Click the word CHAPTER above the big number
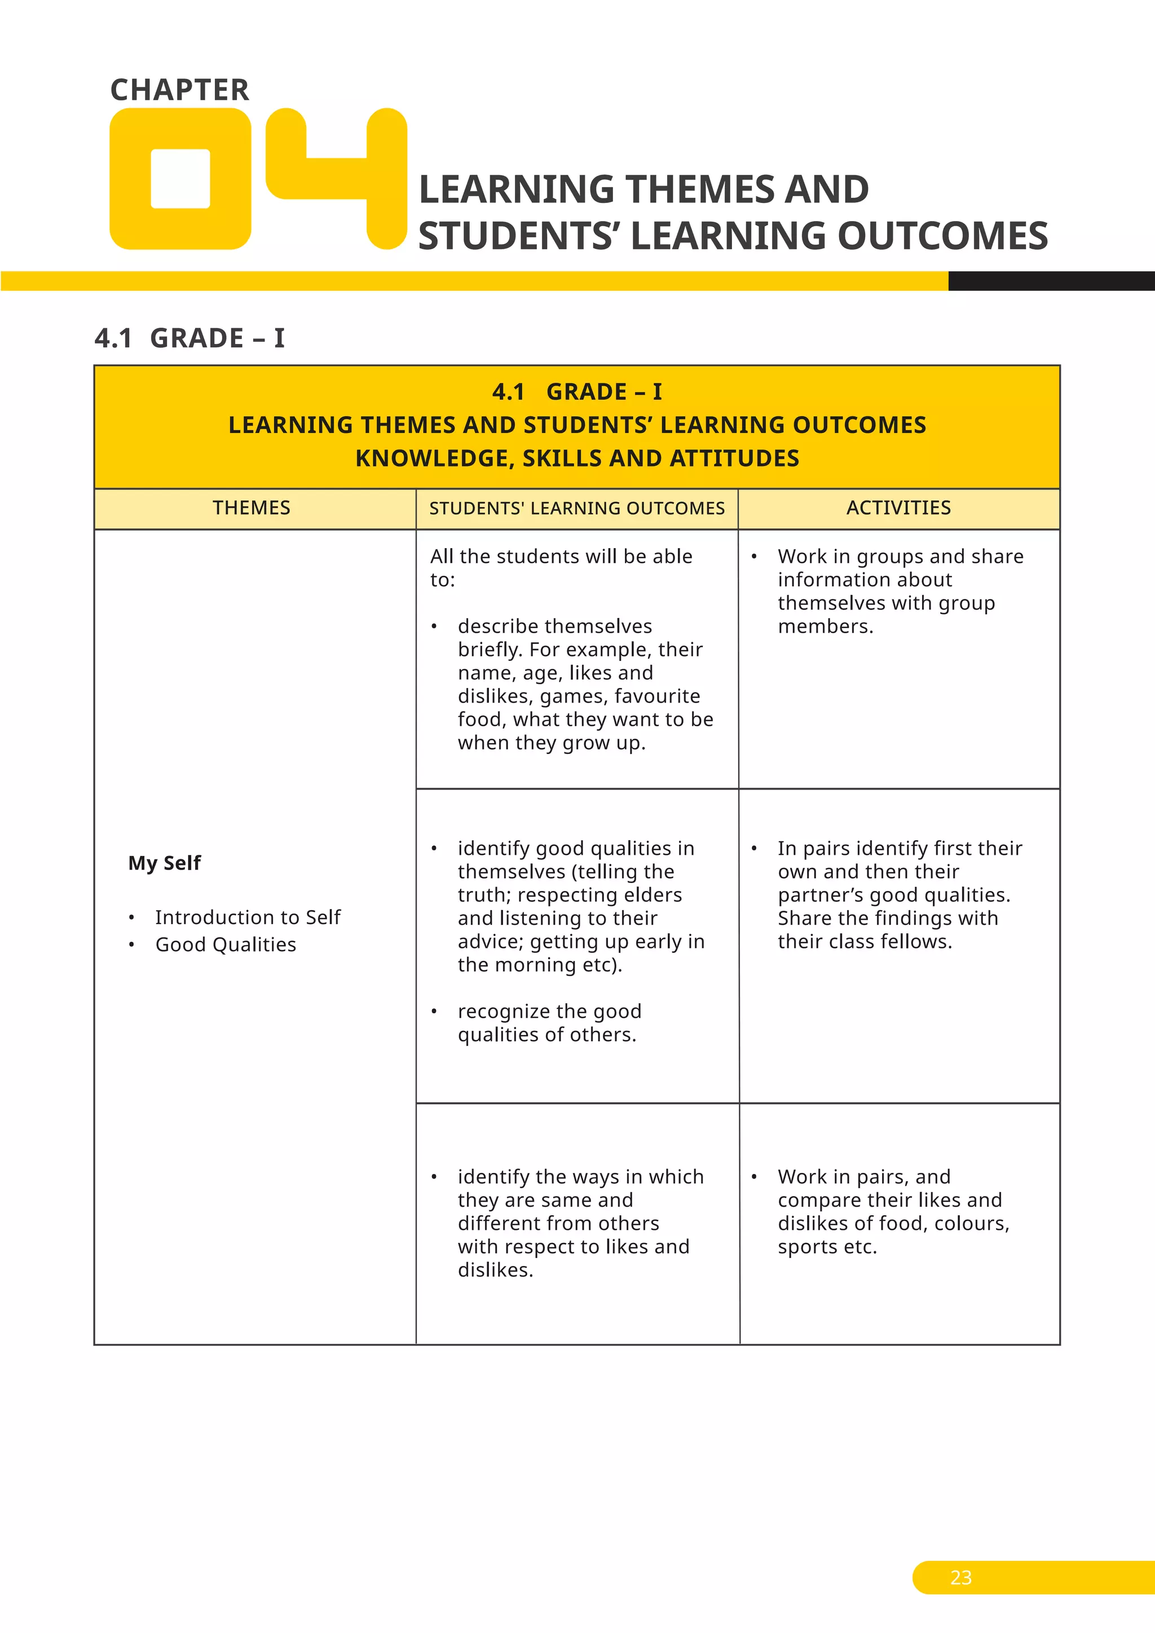coord(179,90)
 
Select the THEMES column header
coord(251,508)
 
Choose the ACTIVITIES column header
coord(898,508)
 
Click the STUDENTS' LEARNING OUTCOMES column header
coord(577,509)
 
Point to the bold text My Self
coord(164,863)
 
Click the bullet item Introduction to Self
coord(248,917)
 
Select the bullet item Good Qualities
coord(226,945)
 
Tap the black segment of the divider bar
coord(1051,281)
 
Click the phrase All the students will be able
coord(561,556)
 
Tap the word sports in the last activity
coord(807,1247)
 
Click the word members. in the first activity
coord(825,626)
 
